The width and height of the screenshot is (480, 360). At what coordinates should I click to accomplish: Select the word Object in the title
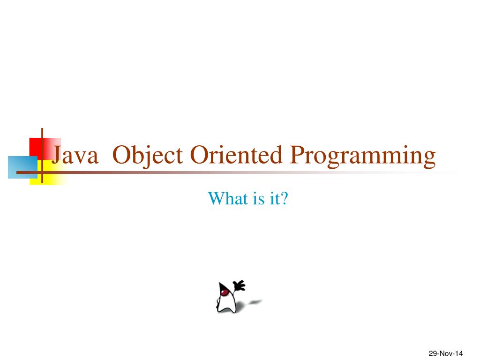click(x=148, y=156)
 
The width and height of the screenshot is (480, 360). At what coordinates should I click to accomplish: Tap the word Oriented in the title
click(x=236, y=154)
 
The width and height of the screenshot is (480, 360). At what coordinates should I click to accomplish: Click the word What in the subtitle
click(x=228, y=198)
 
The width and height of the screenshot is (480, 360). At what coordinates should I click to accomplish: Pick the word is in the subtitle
click(x=259, y=198)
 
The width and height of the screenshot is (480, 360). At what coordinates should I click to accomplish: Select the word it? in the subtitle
click(x=279, y=198)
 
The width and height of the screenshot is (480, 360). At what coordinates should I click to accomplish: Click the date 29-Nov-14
click(x=446, y=353)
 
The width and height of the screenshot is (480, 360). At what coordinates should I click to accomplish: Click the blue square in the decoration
click(x=22, y=167)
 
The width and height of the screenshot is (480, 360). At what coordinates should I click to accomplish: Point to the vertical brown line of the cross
click(x=42, y=156)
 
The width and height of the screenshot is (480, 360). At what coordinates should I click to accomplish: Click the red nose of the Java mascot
click(x=225, y=292)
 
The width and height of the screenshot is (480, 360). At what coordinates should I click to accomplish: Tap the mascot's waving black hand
click(x=239, y=286)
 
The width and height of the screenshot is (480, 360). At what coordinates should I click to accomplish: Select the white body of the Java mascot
click(x=227, y=303)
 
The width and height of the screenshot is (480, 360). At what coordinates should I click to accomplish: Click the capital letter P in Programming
click(x=297, y=155)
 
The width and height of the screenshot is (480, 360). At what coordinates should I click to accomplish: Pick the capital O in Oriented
click(x=200, y=155)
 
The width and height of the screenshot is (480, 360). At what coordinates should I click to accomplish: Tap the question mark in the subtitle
click(x=285, y=198)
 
